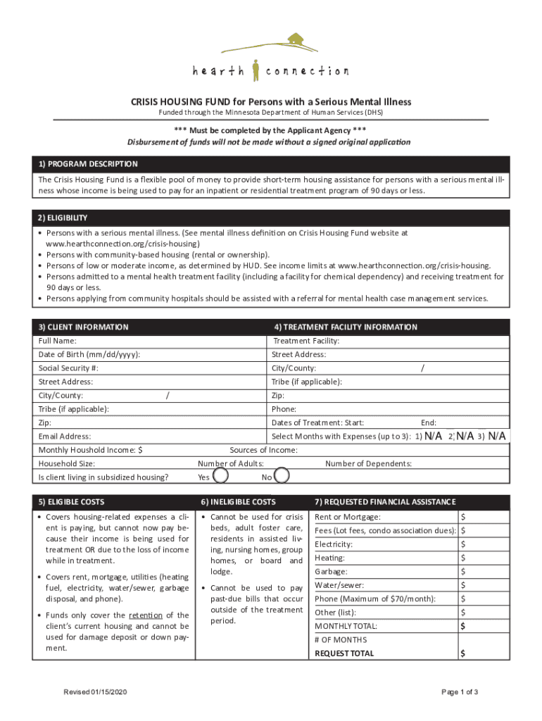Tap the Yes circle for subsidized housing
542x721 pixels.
[x=220, y=477]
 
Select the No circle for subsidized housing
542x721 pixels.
[x=282, y=477]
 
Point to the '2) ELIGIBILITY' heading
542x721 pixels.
[x=63, y=218]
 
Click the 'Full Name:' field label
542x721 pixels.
[x=58, y=341]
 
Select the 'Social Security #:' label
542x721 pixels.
[x=68, y=368]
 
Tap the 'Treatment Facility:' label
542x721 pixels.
[x=306, y=341]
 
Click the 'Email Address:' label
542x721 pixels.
[x=65, y=437]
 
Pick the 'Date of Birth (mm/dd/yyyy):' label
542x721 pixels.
[x=89, y=355]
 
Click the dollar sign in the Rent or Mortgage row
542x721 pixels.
[x=463, y=518]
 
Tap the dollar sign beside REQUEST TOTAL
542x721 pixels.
[x=462, y=653]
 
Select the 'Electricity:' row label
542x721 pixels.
[x=334, y=544]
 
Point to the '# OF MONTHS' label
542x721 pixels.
[x=341, y=640]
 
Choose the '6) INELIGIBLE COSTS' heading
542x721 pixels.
[x=238, y=502]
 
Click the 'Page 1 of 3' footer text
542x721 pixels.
[x=460, y=692]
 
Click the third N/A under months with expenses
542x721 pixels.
[x=496, y=437]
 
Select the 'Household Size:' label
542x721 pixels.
[x=67, y=463]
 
